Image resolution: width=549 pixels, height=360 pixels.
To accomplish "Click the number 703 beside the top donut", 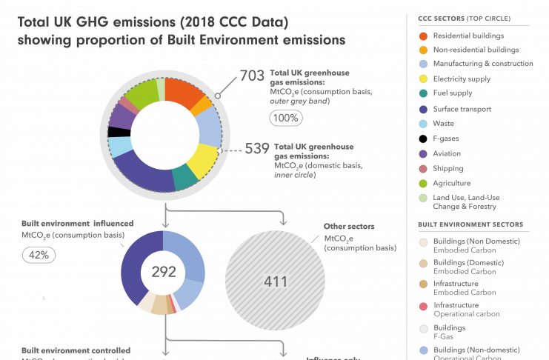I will (253, 74).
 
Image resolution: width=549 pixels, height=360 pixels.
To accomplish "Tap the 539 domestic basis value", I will (257, 149).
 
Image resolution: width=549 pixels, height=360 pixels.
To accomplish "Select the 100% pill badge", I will (285, 118).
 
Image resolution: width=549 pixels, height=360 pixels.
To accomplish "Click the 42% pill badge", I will (39, 255).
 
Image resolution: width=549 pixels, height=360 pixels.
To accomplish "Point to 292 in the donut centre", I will (164, 272).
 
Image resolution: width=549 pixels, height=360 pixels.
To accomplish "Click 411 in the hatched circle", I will (275, 281).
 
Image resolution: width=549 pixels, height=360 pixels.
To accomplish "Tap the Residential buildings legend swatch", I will (422, 36).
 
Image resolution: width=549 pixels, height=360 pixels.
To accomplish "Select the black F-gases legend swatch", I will (422, 139).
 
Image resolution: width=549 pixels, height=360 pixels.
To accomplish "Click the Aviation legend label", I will (447, 154).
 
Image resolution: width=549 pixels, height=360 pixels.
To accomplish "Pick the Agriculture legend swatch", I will (422, 183).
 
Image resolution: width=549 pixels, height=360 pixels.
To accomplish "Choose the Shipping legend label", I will (448, 169).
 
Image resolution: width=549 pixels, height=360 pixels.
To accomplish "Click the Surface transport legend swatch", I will (422, 109).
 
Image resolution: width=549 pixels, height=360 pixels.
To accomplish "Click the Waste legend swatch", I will (422, 124).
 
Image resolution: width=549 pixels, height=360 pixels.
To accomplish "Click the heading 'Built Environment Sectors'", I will (470, 224).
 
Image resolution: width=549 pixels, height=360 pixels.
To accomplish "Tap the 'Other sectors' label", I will (349, 226).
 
